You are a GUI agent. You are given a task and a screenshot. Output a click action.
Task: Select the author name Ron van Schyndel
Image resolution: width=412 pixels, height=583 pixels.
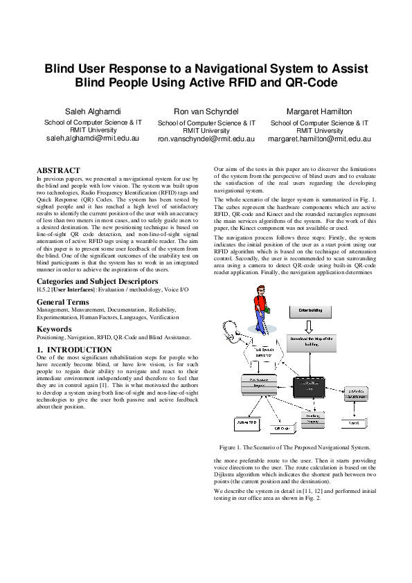206,111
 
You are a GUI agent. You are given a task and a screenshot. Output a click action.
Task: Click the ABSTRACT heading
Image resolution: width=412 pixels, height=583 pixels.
58,170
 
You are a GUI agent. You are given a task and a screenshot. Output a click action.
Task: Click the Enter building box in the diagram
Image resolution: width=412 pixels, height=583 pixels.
312,313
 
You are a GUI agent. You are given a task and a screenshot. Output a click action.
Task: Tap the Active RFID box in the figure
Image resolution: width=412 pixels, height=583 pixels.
248,421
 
